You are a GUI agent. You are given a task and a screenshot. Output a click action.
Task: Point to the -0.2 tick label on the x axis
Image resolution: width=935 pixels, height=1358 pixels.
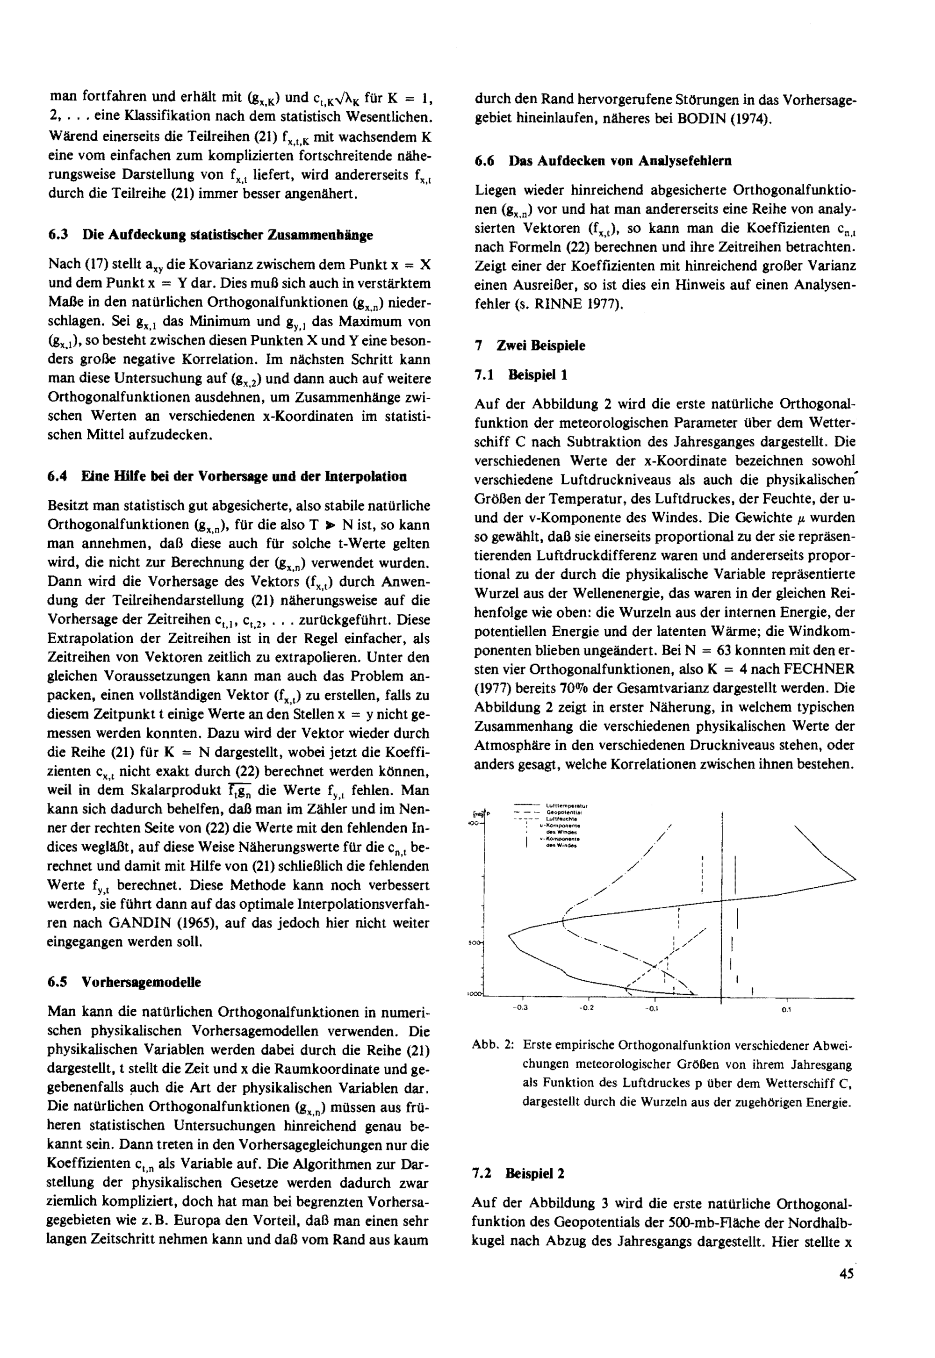[x=586, y=1008]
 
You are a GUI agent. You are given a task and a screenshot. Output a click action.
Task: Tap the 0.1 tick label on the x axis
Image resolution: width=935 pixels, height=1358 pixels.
[x=786, y=1009]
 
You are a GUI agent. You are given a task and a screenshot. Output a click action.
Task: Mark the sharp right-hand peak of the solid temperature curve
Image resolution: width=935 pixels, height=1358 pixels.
[x=855, y=878]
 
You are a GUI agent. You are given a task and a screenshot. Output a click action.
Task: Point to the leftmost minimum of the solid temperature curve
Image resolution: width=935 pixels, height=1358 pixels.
[x=509, y=934]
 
